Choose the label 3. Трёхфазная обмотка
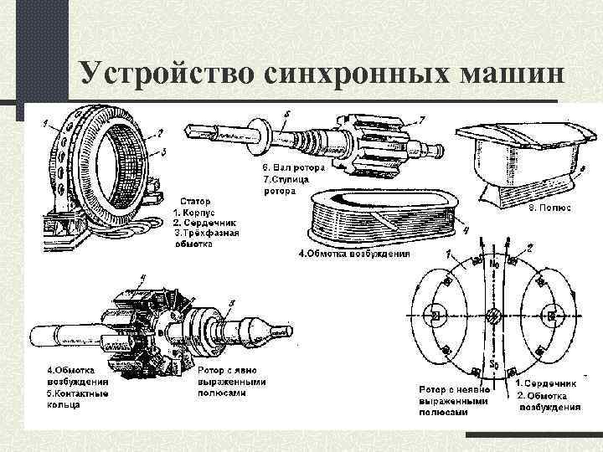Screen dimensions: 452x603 [x=206, y=239]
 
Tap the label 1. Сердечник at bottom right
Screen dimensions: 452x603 [x=548, y=384]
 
